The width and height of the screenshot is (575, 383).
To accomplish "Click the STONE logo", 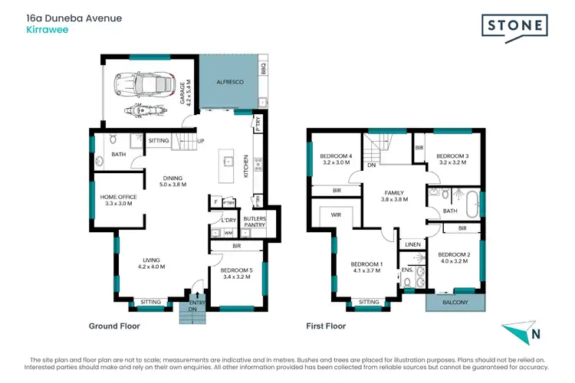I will point(514,26).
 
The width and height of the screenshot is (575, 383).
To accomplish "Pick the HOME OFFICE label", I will point(118,201).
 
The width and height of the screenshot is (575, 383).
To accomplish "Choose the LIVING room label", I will point(152,262).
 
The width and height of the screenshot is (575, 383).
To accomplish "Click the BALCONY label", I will point(455,302).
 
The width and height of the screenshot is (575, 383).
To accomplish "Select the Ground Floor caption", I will point(115,326).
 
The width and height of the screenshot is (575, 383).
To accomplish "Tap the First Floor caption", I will point(326,326).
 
